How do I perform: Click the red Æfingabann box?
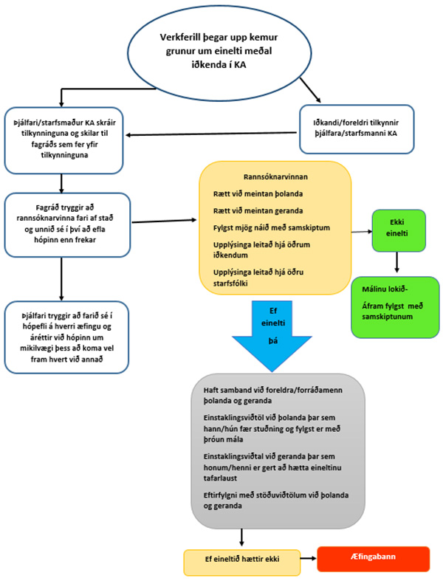(x=373, y=559)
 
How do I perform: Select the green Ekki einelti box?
(x=399, y=230)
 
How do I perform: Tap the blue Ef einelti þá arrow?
(x=272, y=336)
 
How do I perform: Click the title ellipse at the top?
(x=219, y=52)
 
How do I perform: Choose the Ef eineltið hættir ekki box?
(x=241, y=563)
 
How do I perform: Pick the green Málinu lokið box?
(x=395, y=307)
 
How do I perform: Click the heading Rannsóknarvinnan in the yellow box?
(x=275, y=176)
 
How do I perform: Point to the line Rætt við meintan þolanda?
(x=258, y=194)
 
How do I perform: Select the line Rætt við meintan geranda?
(x=258, y=211)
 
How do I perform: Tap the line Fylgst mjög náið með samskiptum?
(x=272, y=228)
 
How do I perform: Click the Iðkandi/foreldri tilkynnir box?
(x=357, y=129)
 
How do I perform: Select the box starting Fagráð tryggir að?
(x=67, y=224)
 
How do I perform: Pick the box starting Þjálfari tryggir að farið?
(x=66, y=337)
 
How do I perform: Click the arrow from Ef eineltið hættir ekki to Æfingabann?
(x=309, y=558)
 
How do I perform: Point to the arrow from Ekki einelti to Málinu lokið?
(x=396, y=262)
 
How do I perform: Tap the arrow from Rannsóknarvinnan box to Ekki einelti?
(x=362, y=232)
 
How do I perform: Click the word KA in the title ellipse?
(x=240, y=64)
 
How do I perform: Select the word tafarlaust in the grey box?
(x=220, y=478)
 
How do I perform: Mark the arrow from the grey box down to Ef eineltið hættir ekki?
(x=241, y=537)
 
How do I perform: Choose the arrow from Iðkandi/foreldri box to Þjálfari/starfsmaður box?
(x=211, y=134)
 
